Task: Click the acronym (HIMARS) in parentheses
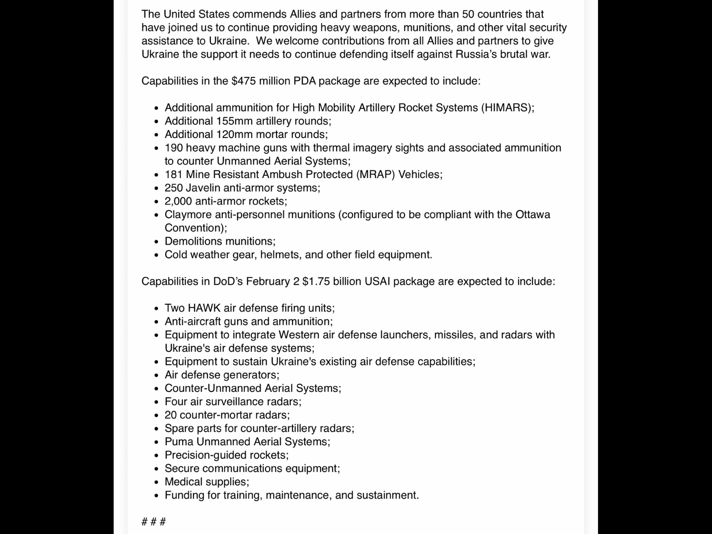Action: (507, 108)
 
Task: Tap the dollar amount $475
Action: (244, 81)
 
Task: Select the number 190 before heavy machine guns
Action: (173, 148)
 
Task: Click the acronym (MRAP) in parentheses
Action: (375, 175)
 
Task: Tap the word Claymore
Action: (188, 215)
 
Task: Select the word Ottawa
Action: (533, 215)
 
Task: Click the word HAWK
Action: (204, 308)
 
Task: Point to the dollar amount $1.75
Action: (316, 281)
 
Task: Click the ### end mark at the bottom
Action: (154, 521)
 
